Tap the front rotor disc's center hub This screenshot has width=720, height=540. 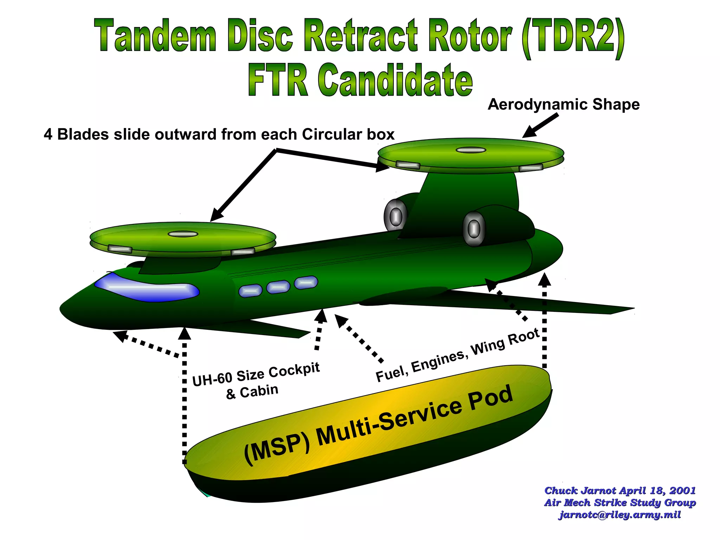[183, 234]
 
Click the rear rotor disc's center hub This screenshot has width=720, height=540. [471, 150]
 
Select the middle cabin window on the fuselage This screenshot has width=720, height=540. [278, 287]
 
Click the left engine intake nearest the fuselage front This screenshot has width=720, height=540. [396, 216]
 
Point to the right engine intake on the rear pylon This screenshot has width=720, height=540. [474, 229]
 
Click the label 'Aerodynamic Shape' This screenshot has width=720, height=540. [564, 105]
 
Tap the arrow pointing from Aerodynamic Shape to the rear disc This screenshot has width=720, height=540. [540, 126]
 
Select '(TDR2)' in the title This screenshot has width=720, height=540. [573, 38]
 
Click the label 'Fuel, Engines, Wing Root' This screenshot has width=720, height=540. [457, 355]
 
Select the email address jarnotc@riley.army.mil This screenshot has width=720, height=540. [620, 515]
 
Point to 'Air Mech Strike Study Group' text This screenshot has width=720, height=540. [620, 503]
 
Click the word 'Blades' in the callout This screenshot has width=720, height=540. [83, 135]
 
